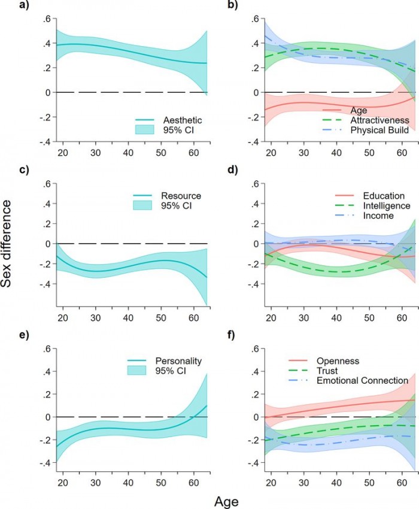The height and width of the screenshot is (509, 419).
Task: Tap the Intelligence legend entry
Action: click(x=387, y=206)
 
